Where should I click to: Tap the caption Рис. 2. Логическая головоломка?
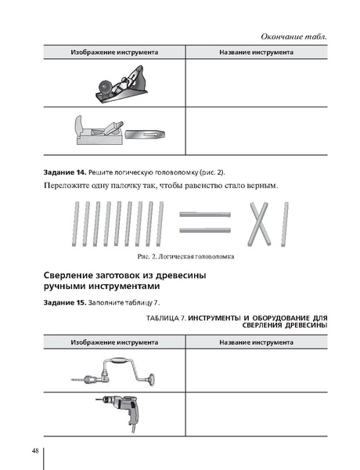(185, 256)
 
